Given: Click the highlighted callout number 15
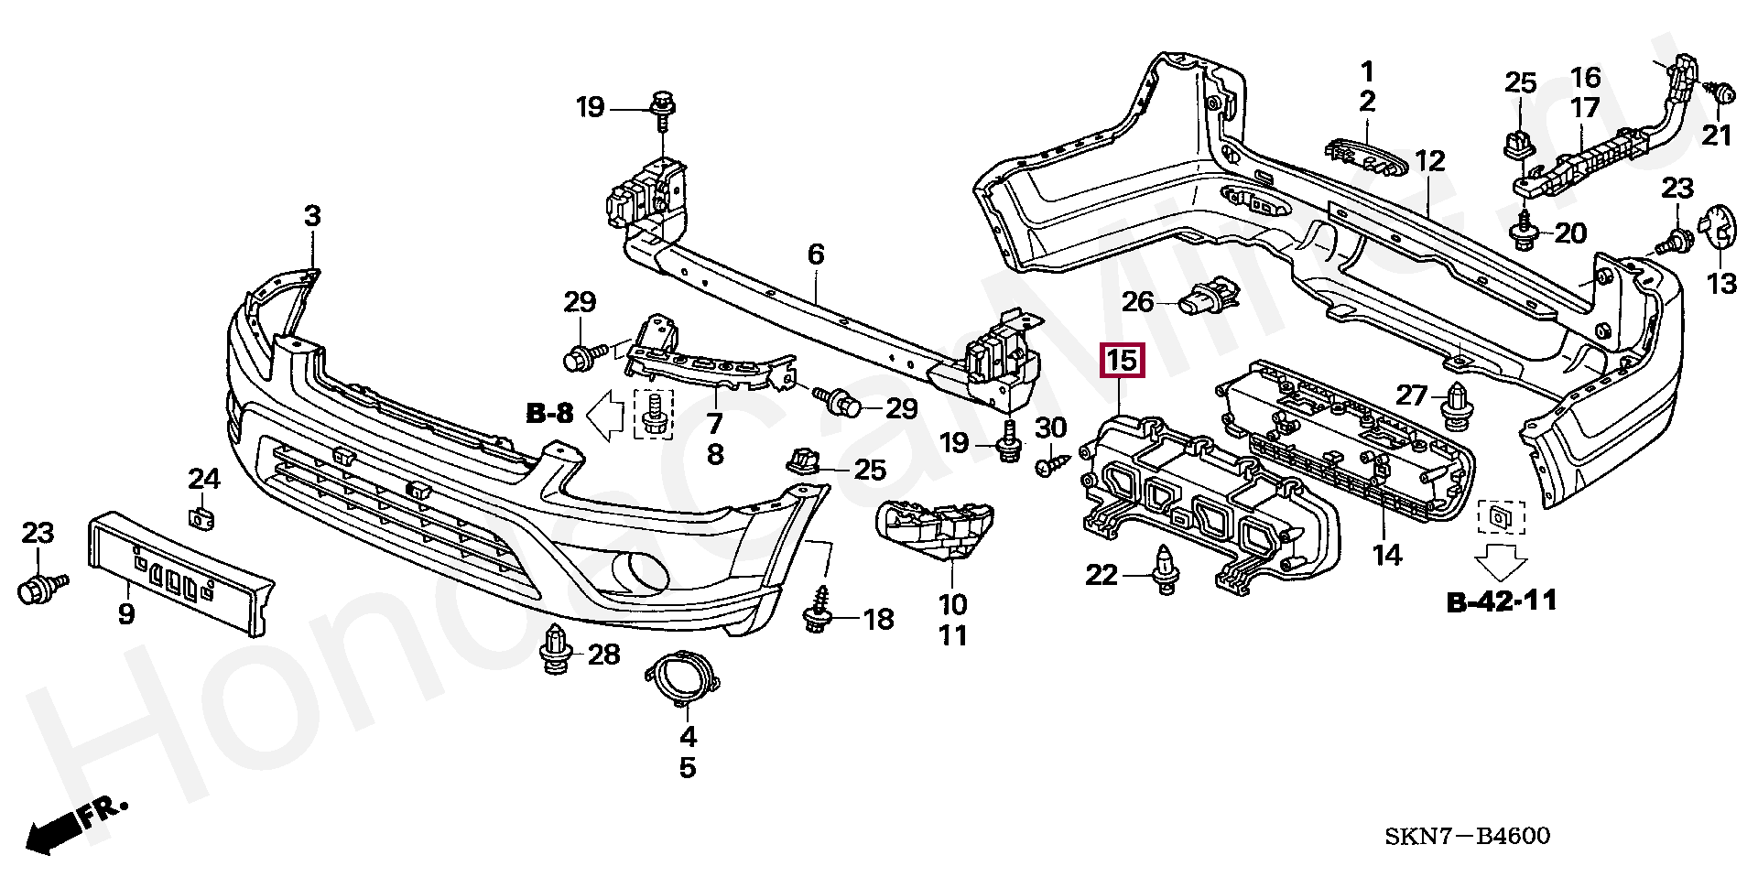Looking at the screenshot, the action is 1123,361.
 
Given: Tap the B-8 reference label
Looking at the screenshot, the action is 549,414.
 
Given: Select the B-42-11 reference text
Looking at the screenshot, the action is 1502,601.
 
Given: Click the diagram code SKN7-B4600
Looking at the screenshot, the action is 1467,836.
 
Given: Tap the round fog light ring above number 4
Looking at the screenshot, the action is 683,678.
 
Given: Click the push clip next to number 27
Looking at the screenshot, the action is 1455,406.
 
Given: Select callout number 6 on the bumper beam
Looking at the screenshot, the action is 816,254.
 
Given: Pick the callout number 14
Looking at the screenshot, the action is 1387,554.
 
